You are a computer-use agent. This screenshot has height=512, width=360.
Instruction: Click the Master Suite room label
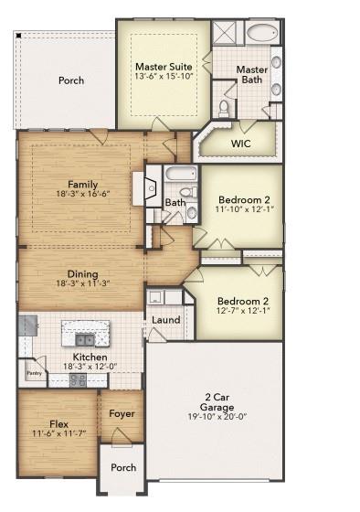click(164, 67)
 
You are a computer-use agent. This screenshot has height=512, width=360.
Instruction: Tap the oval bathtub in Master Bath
click(264, 34)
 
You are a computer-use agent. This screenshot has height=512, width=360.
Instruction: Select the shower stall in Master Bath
click(224, 33)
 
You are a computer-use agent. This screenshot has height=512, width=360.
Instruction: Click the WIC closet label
click(240, 144)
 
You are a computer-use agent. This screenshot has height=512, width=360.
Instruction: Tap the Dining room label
click(83, 273)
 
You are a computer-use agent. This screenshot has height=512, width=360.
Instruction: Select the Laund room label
click(166, 320)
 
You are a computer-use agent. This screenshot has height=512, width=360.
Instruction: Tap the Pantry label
click(34, 373)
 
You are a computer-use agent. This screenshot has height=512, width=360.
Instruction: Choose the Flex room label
click(59, 423)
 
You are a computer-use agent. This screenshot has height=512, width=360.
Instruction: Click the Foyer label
click(122, 413)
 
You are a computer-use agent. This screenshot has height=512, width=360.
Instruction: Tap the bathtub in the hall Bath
click(178, 175)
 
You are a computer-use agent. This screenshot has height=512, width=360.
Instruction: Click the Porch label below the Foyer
click(123, 467)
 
